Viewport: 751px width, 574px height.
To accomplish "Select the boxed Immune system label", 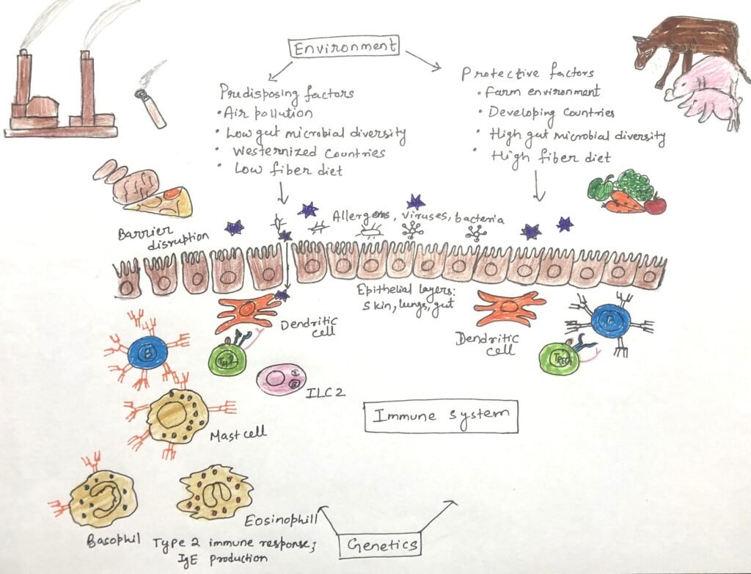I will click(441, 416).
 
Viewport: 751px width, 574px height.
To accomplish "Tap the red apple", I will click(655, 204).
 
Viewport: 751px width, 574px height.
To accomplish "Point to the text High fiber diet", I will click(552, 156).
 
